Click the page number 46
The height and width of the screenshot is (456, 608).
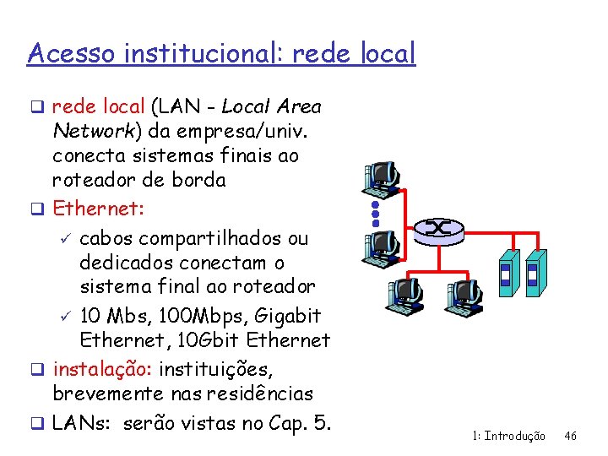pos(570,436)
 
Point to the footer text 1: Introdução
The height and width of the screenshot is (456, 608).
pos(509,436)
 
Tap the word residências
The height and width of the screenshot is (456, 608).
pos(264,394)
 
